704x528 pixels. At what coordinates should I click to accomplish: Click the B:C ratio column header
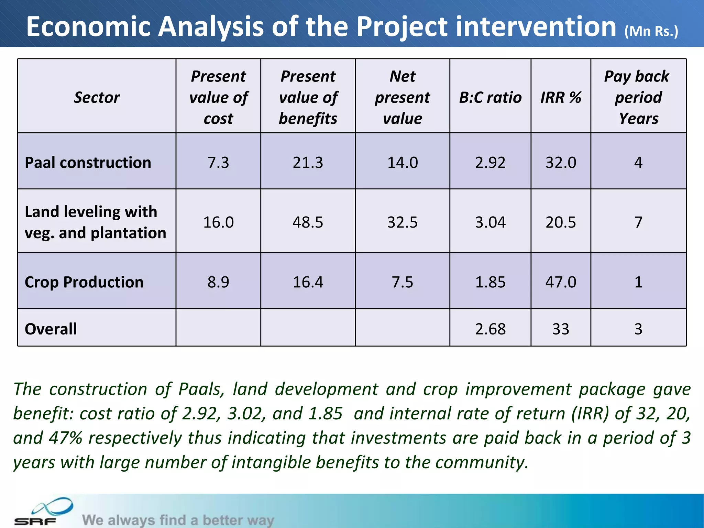pyautogui.click(x=490, y=97)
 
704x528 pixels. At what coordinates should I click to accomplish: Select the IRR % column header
pyautogui.click(x=561, y=97)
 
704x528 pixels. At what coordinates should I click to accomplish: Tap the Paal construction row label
pyautogui.click(x=88, y=162)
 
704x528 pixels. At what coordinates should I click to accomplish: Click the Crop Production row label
pyautogui.click(x=84, y=282)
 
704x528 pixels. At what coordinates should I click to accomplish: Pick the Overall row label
pyautogui.click(x=51, y=329)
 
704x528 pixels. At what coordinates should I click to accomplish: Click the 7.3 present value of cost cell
pyautogui.click(x=218, y=162)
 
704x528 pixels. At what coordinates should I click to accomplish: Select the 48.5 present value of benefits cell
pyautogui.click(x=308, y=222)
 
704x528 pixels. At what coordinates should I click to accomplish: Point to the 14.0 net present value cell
pyautogui.click(x=403, y=162)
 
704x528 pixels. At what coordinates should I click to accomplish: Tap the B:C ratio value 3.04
pyautogui.click(x=490, y=222)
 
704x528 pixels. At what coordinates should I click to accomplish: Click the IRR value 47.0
pyautogui.click(x=561, y=282)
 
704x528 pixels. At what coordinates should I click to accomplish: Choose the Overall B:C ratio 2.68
pyautogui.click(x=490, y=329)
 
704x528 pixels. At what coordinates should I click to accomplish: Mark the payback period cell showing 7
pyautogui.click(x=638, y=222)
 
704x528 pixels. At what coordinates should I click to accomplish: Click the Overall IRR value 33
pyautogui.click(x=561, y=329)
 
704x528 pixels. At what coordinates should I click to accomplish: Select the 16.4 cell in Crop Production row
pyautogui.click(x=308, y=282)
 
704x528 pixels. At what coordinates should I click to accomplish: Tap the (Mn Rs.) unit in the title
pyautogui.click(x=651, y=31)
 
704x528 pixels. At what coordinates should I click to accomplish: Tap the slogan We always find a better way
pyautogui.click(x=178, y=520)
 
